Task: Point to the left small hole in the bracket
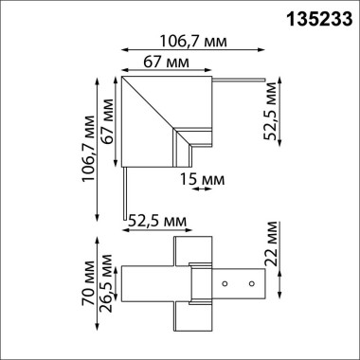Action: point(226,283)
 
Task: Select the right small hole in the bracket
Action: point(251,283)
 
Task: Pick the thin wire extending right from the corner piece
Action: point(242,78)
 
